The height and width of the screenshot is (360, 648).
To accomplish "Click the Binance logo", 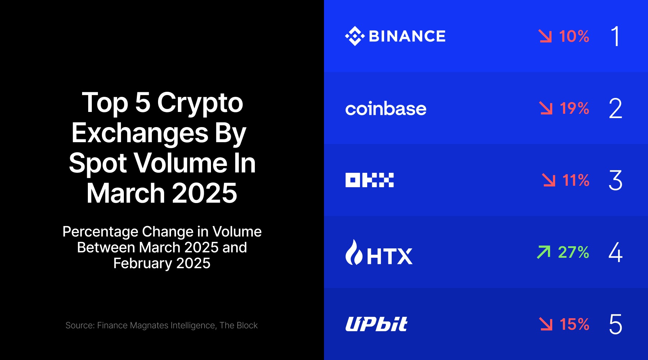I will [x=395, y=36].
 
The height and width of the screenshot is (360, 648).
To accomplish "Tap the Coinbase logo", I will [x=386, y=109].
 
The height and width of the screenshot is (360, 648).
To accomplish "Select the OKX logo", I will [x=369, y=180].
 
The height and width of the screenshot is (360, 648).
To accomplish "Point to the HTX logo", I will [x=379, y=253].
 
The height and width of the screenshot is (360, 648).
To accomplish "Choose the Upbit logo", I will [x=376, y=324].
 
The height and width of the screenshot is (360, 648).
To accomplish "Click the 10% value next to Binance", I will [x=574, y=36].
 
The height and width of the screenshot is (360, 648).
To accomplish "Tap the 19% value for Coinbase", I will [x=574, y=108].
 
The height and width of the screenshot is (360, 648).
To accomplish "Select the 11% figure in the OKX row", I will [x=576, y=180].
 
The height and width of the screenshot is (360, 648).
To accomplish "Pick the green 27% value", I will [x=573, y=252].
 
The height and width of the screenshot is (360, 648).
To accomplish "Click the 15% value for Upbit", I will [x=574, y=324].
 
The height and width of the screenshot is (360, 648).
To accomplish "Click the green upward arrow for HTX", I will [x=544, y=252].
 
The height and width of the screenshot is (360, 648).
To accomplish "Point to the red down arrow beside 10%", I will [x=545, y=36].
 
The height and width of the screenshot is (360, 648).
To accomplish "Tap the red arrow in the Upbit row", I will [x=546, y=324].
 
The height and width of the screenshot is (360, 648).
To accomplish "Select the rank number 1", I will [x=616, y=36].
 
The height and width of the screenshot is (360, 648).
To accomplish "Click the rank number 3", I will [x=616, y=180].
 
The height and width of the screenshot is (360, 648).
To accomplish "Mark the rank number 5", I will [x=616, y=324].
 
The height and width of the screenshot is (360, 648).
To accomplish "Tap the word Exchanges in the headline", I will [x=140, y=133].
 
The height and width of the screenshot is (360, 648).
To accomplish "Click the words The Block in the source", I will [x=239, y=325].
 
